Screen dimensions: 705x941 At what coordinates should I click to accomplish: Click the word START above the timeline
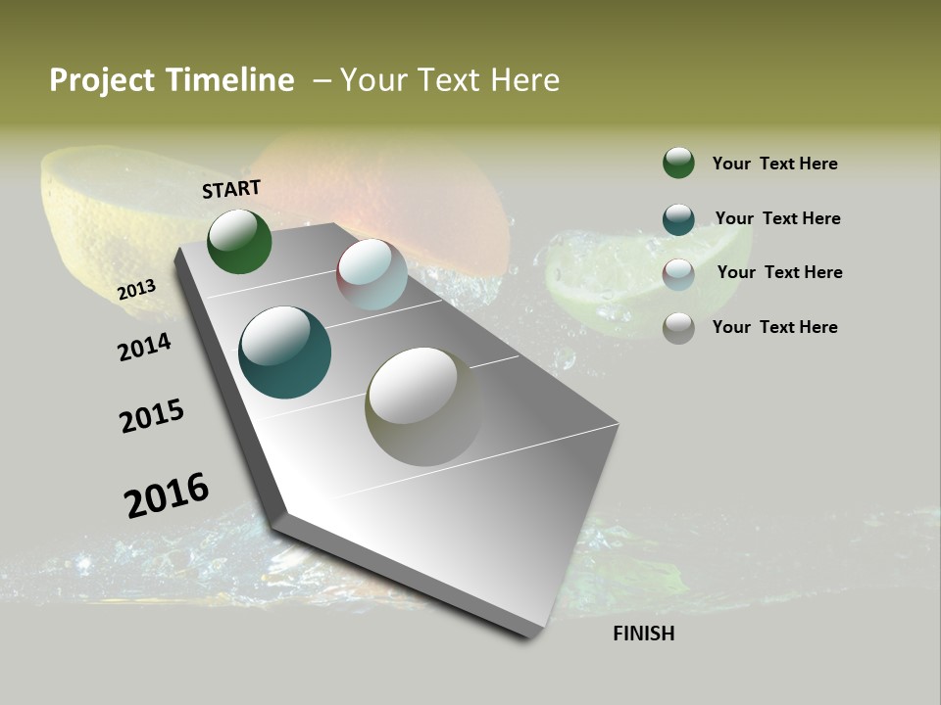pyautogui.click(x=231, y=188)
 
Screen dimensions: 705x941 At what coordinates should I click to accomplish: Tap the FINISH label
pyautogui.click(x=644, y=634)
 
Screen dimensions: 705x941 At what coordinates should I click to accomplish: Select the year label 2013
pyautogui.click(x=137, y=290)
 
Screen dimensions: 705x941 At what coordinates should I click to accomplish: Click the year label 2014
pyautogui.click(x=145, y=348)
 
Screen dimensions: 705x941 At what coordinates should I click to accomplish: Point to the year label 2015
pyautogui.click(x=152, y=417)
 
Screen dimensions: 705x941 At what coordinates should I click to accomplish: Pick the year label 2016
pyautogui.click(x=167, y=495)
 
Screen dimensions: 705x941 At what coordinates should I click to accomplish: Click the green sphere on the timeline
pyautogui.click(x=239, y=241)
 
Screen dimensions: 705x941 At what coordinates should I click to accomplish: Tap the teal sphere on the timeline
pyautogui.click(x=285, y=352)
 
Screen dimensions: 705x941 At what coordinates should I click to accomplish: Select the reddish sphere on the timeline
pyautogui.click(x=371, y=274)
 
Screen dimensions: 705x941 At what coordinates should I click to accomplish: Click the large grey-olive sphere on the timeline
pyautogui.click(x=423, y=406)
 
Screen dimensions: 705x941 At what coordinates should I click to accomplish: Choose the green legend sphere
pyautogui.click(x=678, y=163)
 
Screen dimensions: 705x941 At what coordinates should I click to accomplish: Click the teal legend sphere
pyautogui.click(x=678, y=219)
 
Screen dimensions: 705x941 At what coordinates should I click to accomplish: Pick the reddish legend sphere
pyautogui.click(x=678, y=273)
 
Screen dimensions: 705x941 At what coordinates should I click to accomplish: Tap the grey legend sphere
pyautogui.click(x=678, y=328)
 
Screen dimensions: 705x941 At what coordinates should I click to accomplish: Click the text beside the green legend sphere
pyautogui.click(x=774, y=164)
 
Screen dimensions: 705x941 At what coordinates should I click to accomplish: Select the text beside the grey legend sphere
pyautogui.click(x=774, y=327)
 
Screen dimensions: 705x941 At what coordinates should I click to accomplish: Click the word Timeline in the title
pyautogui.click(x=228, y=80)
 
